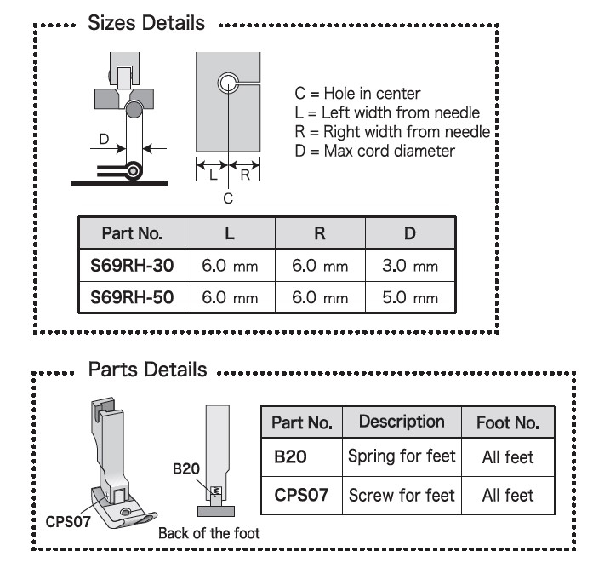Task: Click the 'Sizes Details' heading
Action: [x=146, y=24]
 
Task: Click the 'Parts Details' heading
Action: [x=146, y=370]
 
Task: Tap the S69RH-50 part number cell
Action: [x=132, y=298]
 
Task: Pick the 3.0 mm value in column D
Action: [x=410, y=267]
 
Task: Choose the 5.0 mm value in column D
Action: [x=410, y=298]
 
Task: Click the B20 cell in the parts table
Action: [x=287, y=457]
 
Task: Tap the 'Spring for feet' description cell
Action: [x=402, y=456]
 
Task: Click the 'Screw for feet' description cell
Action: [x=402, y=494]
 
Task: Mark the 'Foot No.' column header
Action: [x=507, y=422]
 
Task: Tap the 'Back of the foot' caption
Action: [x=209, y=534]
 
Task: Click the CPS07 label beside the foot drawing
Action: [x=66, y=518]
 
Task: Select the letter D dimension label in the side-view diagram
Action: [x=104, y=138]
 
